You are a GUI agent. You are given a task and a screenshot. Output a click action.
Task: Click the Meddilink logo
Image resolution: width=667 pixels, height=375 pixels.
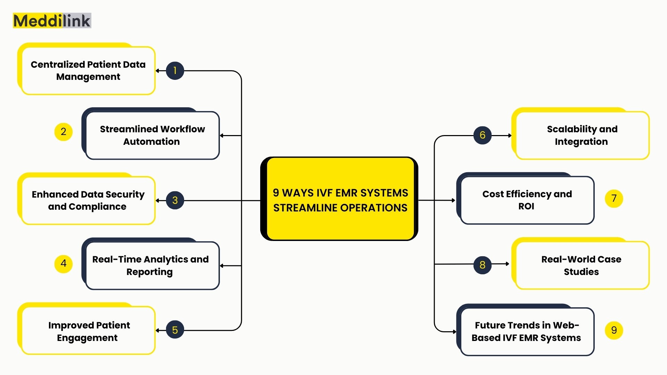[52, 21]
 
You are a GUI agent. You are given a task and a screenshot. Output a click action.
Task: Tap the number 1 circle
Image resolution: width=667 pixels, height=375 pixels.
[175, 70]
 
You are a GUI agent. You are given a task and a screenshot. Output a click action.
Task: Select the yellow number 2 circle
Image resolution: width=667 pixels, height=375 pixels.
[63, 132]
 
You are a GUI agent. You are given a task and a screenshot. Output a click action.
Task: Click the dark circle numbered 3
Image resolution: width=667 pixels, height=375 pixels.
[175, 200]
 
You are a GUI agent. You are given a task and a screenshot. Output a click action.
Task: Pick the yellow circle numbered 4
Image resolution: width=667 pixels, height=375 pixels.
[63, 264]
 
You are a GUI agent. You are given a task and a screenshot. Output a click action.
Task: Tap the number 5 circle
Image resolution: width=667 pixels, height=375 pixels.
[175, 330]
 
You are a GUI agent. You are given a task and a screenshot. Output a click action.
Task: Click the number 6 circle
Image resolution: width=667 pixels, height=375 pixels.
[482, 135]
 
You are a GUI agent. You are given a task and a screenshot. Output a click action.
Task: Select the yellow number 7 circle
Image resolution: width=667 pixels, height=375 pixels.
[614, 198]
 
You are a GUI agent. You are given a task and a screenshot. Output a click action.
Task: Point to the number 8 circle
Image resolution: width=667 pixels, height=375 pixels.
[482, 265]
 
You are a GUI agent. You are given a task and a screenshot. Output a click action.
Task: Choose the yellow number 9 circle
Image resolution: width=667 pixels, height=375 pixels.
[614, 330]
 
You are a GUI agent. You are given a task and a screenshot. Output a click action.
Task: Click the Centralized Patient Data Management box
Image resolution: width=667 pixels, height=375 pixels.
[88, 70]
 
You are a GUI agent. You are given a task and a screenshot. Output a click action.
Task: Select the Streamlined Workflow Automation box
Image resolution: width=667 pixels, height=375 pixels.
[152, 135]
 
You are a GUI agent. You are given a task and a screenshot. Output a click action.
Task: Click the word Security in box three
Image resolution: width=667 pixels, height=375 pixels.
[125, 194]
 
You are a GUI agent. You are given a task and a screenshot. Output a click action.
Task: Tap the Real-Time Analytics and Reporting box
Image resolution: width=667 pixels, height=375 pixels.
[150, 266]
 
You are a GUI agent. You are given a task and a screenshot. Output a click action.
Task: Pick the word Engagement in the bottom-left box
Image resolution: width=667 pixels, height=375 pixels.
[87, 338]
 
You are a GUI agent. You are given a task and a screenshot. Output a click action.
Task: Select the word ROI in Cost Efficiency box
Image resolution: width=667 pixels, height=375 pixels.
[526, 206]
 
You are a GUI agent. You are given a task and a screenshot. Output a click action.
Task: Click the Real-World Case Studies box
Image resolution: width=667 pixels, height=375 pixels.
[581, 265]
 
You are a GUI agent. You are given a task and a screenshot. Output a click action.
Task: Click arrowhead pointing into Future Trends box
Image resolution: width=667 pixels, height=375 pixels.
[454, 332]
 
